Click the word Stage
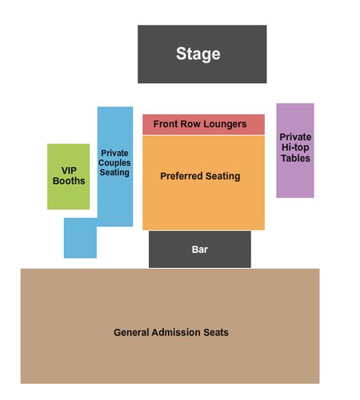pyautogui.click(x=198, y=54)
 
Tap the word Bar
pyautogui.click(x=200, y=250)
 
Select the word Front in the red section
pyautogui.click(x=166, y=124)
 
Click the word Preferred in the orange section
pyautogui.click(x=182, y=176)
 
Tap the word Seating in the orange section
pyautogui.click(x=223, y=176)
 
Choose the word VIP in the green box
pyautogui.click(x=69, y=170)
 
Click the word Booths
pyautogui.click(x=69, y=181)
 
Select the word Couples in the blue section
pyautogui.click(x=114, y=163)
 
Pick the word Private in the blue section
pyautogui.click(x=114, y=153)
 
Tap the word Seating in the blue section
pyautogui.click(x=114, y=173)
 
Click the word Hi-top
pyautogui.click(x=295, y=147)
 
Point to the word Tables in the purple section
pyautogui.click(x=295, y=158)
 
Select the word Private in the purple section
pyautogui.click(x=295, y=137)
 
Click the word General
pyautogui.click(x=131, y=332)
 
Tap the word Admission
pyautogui.click(x=176, y=332)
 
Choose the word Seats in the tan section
pyautogui.click(x=216, y=332)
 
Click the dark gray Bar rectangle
pyautogui.click(x=200, y=250)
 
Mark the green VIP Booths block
pyautogui.click(x=69, y=177)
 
